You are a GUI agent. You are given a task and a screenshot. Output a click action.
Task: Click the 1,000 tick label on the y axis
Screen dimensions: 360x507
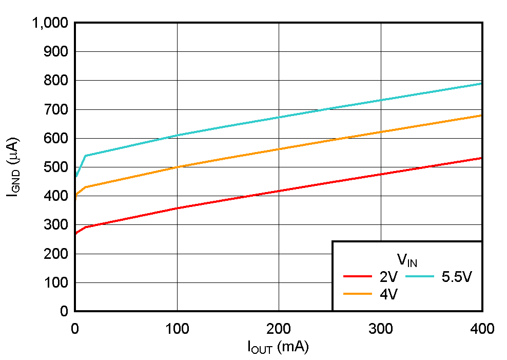coord(50,23)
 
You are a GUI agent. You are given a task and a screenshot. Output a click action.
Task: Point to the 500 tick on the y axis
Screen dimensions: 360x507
coord(57,167)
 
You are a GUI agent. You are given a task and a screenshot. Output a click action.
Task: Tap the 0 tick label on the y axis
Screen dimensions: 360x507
coord(64,311)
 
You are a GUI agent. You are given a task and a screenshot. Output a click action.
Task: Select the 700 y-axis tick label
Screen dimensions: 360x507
coord(57,109)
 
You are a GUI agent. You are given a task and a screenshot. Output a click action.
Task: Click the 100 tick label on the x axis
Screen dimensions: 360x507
coord(177,329)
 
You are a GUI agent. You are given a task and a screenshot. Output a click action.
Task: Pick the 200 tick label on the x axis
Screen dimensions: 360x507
coord(279,329)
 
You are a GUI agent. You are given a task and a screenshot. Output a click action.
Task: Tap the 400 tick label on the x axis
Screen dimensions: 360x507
coord(482,329)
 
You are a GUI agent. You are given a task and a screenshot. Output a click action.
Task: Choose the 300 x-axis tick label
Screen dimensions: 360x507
coord(381,329)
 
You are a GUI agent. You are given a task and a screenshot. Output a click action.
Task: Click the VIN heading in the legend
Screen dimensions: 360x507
coord(406,259)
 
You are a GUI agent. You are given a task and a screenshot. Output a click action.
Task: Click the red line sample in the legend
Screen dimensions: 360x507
coord(358,277)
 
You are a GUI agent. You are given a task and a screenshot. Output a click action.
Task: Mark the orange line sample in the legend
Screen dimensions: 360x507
coord(358,294)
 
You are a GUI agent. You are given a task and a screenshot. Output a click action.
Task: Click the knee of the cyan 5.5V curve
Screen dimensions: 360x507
coord(85,156)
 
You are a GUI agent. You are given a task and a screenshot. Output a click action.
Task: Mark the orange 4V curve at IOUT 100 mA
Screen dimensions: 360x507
coord(177,167)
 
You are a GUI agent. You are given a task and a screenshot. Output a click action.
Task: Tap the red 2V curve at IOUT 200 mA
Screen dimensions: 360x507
coord(279,191)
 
